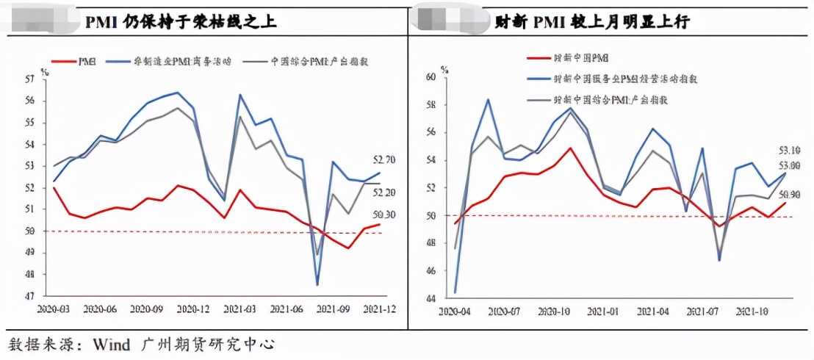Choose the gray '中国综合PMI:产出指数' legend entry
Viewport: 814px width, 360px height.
point(316,61)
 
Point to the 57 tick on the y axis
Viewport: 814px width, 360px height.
point(30,79)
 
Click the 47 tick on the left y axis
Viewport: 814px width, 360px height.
point(30,297)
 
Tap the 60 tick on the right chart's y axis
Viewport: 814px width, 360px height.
point(431,76)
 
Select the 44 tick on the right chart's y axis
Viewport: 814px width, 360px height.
point(431,299)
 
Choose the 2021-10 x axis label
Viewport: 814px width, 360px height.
point(749,312)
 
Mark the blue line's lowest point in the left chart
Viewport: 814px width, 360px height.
point(317,284)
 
